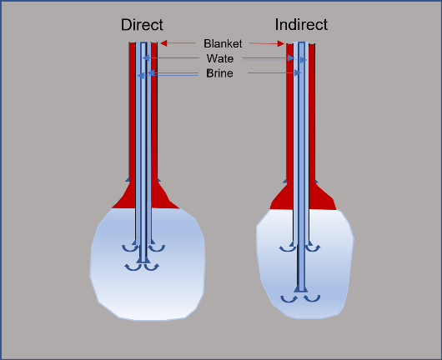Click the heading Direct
[x=142, y=25]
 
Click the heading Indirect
[x=301, y=24]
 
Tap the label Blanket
[x=223, y=43]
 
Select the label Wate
[x=220, y=58]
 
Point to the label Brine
[x=219, y=73]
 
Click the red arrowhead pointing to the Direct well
[x=163, y=43]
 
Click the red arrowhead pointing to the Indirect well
[x=281, y=43]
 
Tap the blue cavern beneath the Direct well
[x=148, y=271]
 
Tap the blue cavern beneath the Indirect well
[x=304, y=271]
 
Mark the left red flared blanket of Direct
[x=124, y=197]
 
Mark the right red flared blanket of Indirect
[x=321, y=198]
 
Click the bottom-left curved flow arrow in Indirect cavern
[x=289, y=299]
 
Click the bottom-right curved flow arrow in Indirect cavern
[x=312, y=298]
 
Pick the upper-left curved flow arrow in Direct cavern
[x=130, y=247]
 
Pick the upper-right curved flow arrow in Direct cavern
[x=157, y=247]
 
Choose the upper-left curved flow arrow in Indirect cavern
[x=287, y=247]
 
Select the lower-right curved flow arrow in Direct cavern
[x=152, y=267]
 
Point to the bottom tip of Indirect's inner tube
[x=301, y=292]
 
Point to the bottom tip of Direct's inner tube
[x=143, y=262]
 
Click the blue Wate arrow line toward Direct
[x=171, y=58]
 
